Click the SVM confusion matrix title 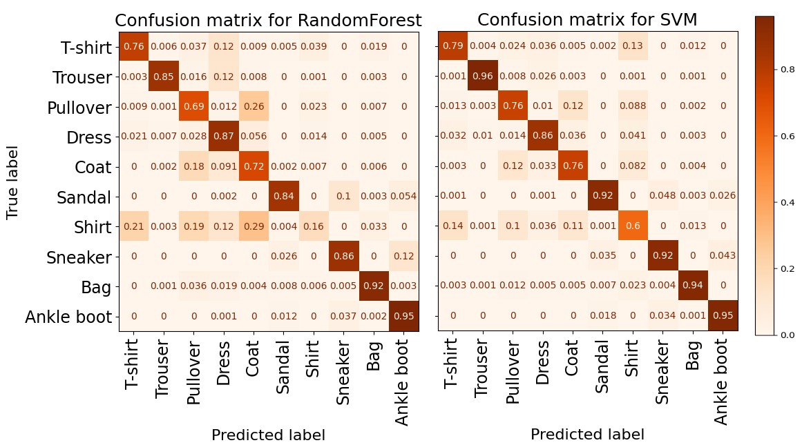pyautogui.click(x=587, y=21)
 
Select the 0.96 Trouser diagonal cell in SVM pyautogui.click(x=482, y=77)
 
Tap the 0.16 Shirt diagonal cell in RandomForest pyautogui.click(x=314, y=226)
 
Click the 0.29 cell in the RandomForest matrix pyautogui.click(x=254, y=226)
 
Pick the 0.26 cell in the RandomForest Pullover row pyautogui.click(x=254, y=107)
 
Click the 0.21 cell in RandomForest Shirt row pyautogui.click(x=134, y=226)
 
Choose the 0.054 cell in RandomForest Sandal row pyautogui.click(x=404, y=197)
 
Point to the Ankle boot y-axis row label pyautogui.click(x=68, y=317)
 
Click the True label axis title pyautogui.click(x=12, y=182)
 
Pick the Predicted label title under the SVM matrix pyautogui.click(x=587, y=435)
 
